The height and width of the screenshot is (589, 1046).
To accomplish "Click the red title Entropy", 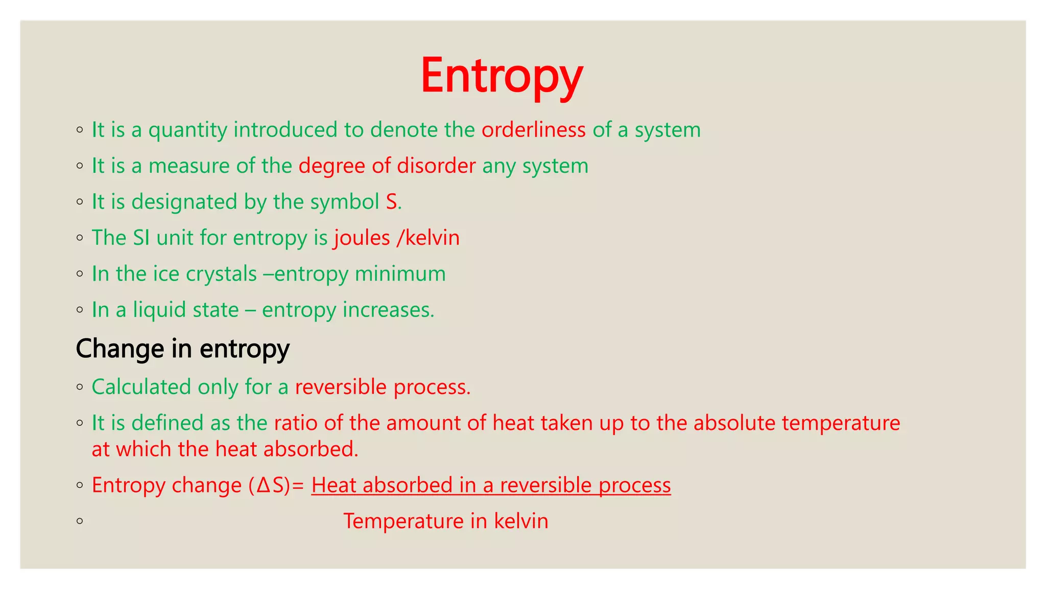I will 502,76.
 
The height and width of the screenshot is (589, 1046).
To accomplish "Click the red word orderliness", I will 533,130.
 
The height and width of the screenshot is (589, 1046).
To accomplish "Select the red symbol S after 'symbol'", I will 391,202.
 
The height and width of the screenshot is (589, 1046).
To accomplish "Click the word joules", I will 362,238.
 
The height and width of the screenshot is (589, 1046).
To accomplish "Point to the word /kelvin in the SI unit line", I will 428,238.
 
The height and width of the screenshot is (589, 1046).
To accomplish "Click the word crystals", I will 221,274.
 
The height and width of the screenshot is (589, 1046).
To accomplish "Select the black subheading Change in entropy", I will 182,349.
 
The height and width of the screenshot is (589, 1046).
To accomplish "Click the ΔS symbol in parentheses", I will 270,485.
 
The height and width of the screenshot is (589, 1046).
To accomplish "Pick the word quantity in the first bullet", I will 187,130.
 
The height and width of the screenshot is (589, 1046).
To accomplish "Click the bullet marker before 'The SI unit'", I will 80,238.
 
